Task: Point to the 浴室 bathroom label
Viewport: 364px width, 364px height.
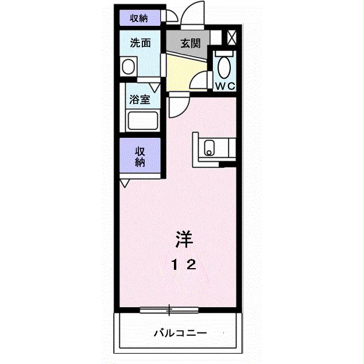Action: tap(140, 99)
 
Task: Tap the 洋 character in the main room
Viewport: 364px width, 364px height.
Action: tap(183, 237)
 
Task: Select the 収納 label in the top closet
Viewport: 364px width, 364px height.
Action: tap(138, 18)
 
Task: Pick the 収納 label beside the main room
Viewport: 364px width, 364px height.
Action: tap(140, 156)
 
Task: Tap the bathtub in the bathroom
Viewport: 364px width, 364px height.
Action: tap(143, 121)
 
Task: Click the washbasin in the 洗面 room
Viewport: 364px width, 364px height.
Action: tap(129, 67)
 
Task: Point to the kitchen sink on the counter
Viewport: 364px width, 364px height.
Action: tap(209, 148)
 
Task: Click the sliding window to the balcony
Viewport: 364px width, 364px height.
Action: tap(169, 311)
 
